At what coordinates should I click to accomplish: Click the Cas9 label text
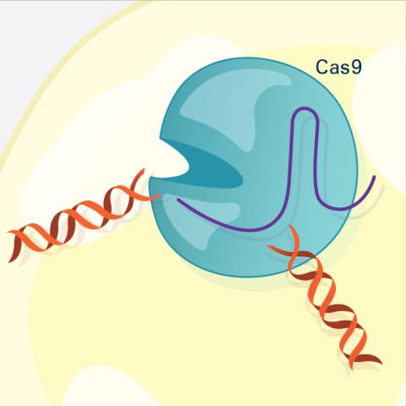(338, 67)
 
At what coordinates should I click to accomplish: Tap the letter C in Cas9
(322, 67)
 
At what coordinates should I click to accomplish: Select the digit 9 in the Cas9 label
(355, 67)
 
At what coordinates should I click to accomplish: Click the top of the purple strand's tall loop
(304, 108)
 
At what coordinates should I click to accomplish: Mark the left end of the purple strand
(178, 200)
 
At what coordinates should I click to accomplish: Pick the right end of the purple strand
(375, 177)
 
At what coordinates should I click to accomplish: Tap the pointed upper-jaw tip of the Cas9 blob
(161, 138)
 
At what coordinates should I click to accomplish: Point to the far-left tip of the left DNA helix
(8, 232)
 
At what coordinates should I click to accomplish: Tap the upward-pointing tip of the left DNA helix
(144, 169)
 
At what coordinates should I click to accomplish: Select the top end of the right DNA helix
(289, 226)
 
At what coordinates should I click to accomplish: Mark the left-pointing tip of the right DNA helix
(268, 246)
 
